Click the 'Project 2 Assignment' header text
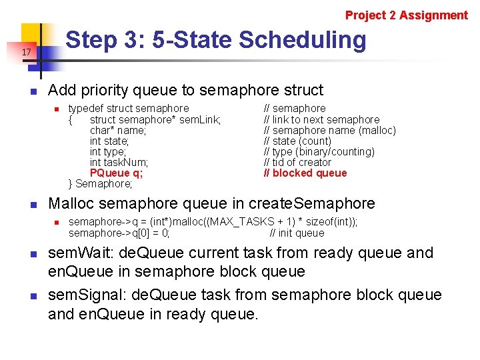click(x=406, y=15)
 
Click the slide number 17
click(x=26, y=52)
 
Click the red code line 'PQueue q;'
click(x=116, y=173)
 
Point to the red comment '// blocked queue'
click(x=305, y=173)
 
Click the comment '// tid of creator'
click(x=297, y=163)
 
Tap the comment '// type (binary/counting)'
click(x=319, y=152)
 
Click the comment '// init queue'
click(x=297, y=233)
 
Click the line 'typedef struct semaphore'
click(x=129, y=108)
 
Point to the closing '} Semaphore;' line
click(x=101, y=184)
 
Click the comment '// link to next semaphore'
click(x=321, y=119)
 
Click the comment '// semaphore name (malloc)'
click(x=329, y=130)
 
